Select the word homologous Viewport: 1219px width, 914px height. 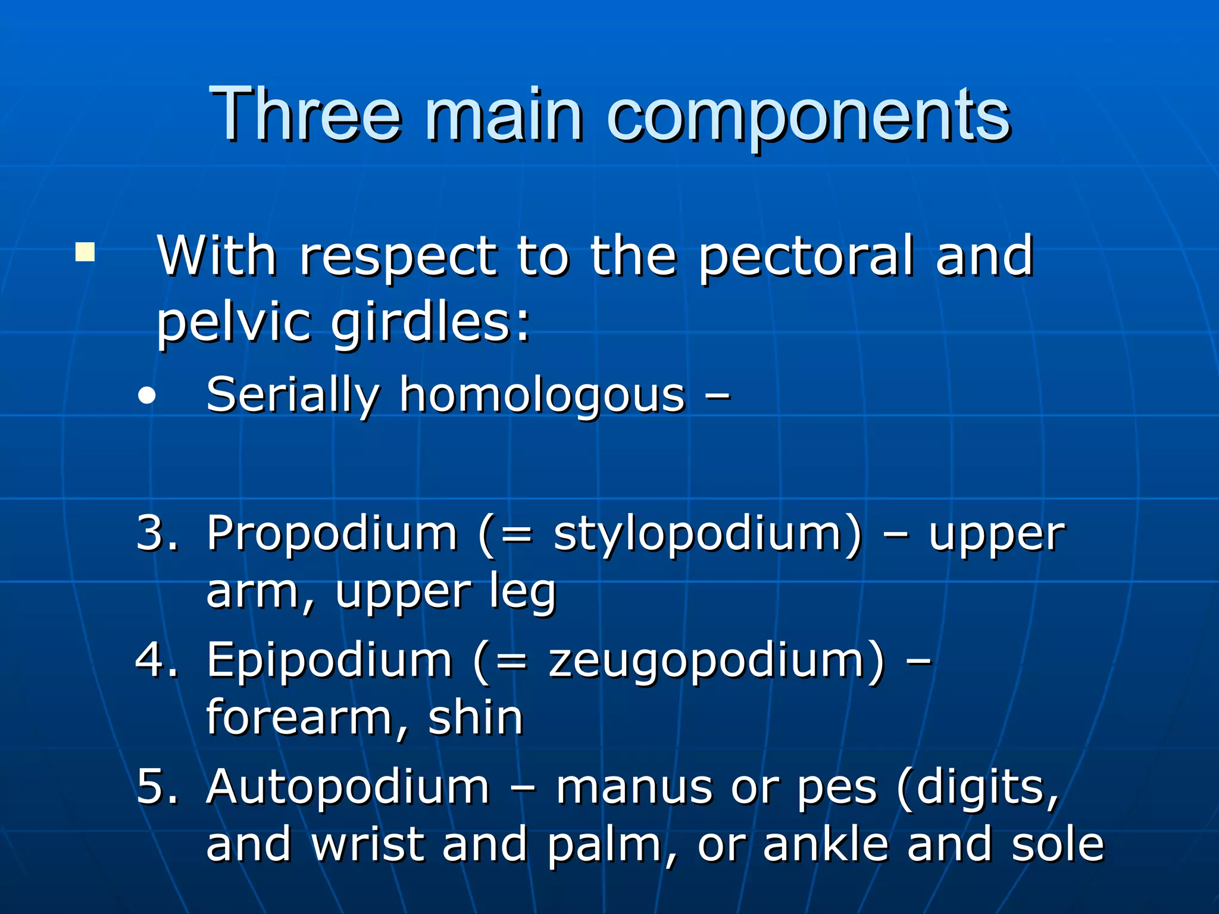[542, 396]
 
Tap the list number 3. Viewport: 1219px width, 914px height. [157, 532]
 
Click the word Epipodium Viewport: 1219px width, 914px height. [329, 661]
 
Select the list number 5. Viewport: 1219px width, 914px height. [157, 787]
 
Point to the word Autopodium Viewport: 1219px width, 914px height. [348, 787]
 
